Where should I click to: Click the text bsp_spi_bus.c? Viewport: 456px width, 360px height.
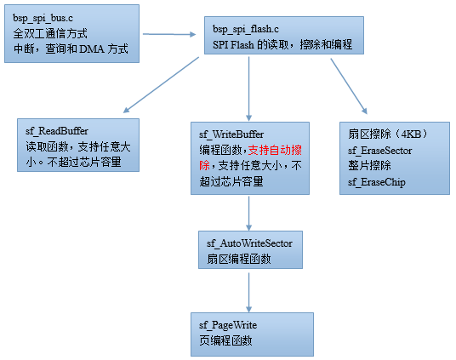point(43,19)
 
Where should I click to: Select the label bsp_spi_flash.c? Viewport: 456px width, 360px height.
point(246,30)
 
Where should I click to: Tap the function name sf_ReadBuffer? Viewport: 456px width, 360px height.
point(57,131)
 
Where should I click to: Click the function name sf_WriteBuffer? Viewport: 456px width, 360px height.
point(231,134)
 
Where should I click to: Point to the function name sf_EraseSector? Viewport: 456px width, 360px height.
point(380,151)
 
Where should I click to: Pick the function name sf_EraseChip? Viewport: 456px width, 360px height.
point(377,182)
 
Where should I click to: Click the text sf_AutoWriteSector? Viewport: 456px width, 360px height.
point(249,243)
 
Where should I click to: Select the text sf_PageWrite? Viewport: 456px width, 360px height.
point(228,325)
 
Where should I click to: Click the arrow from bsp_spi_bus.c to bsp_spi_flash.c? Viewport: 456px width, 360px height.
point(169,34)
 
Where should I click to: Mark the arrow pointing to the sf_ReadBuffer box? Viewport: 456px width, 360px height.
point(161,85)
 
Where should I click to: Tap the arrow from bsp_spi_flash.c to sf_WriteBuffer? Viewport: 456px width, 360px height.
point(249,89)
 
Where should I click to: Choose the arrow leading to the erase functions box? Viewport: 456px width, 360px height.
point(349,87)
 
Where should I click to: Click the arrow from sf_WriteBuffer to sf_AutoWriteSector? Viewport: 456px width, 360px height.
point(249,214)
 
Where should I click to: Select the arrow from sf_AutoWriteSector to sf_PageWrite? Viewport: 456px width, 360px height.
point(249,293)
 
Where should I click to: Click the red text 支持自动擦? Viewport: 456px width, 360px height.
point(275,150)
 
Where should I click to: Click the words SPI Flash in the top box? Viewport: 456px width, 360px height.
point(233,45)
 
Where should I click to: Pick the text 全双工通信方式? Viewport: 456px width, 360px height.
point(50,34)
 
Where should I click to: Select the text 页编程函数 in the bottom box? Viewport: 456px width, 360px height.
point(225,340)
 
